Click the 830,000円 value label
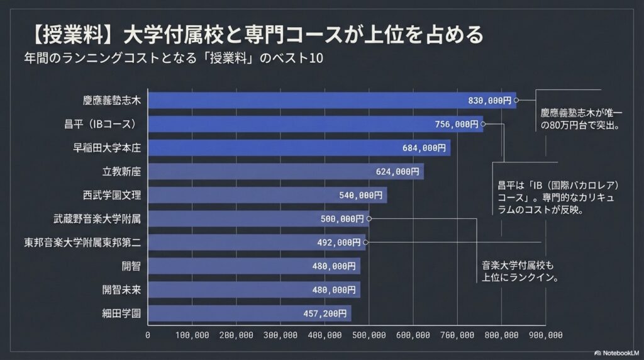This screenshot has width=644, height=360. [x=490, y=100]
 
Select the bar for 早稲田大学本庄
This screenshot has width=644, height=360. [x=299, y=148]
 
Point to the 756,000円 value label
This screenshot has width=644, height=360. [x=457, y=124]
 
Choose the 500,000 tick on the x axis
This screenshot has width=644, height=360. [x=369, y=335]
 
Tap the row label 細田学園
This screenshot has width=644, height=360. [x=121, y=313]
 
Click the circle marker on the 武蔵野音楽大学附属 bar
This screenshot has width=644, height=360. [x=369, y=218]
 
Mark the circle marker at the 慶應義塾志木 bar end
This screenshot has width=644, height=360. [x=516, y=100]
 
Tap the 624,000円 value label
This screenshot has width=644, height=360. [x=397, y=171]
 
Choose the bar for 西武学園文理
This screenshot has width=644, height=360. [x=267, y=195]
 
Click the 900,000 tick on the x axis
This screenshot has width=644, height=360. [x=546, y=335]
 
